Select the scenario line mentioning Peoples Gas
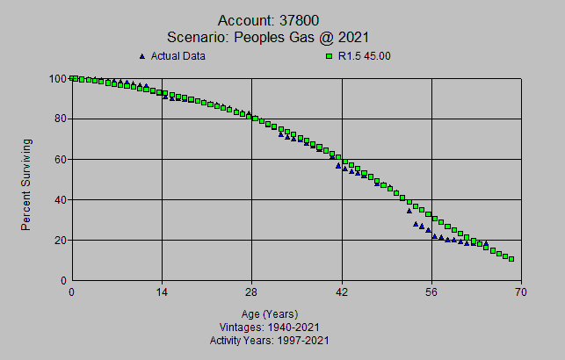click(269, 37)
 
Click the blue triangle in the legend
click(142, 56)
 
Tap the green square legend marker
click(330, 56)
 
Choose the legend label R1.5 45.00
click(365, 56)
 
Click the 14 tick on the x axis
click(162, 292)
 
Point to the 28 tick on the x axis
click(252, 292)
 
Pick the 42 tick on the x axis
click(342, 292)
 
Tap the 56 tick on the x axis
click(432, 292)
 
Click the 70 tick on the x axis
click(522, 292)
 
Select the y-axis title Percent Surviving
click(27, 184)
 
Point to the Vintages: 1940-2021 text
click(270, 327)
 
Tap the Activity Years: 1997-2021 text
click(270, 339)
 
